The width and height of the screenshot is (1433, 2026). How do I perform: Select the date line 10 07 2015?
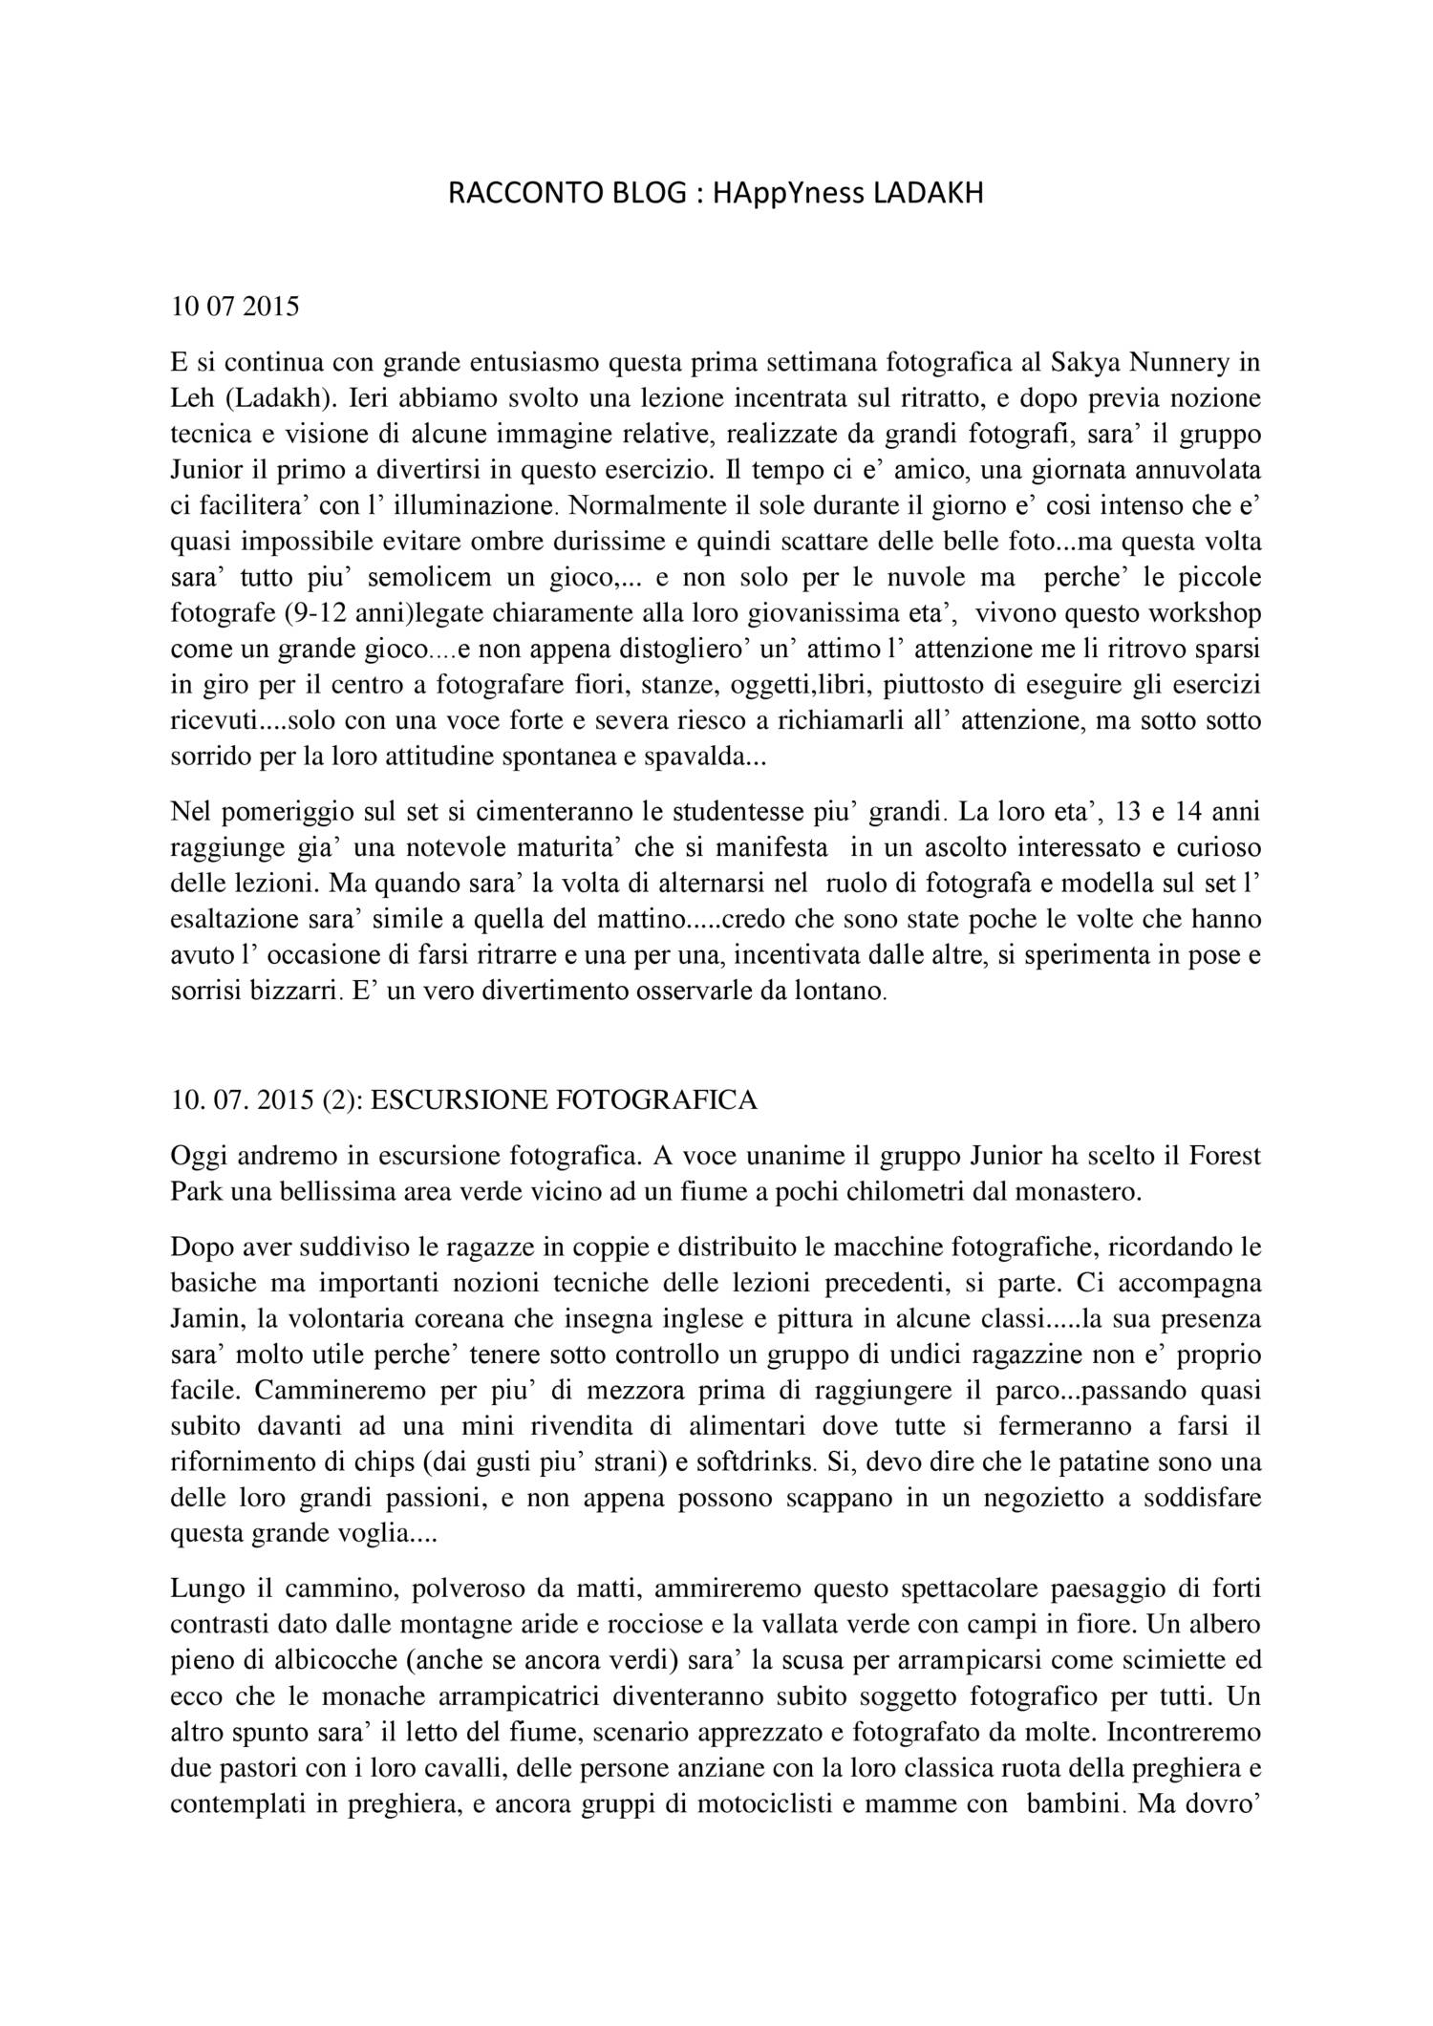click(x=234, y=307)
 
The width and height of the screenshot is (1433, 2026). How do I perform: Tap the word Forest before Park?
click(x=1225, y=1156)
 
